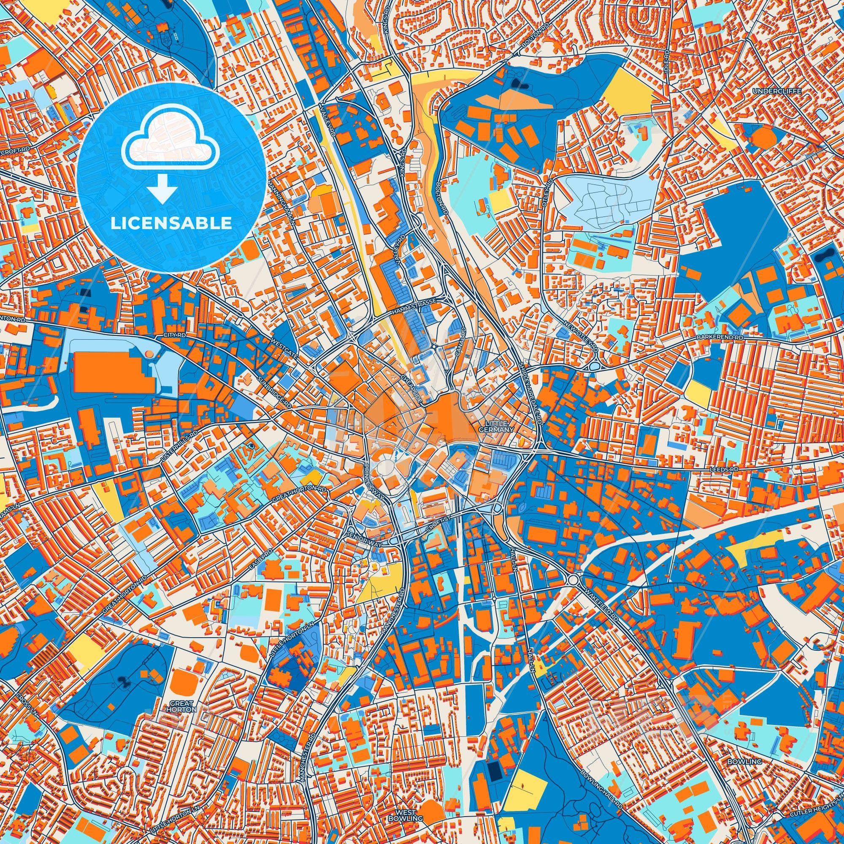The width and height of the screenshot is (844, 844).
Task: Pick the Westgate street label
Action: [x=284, y=347]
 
